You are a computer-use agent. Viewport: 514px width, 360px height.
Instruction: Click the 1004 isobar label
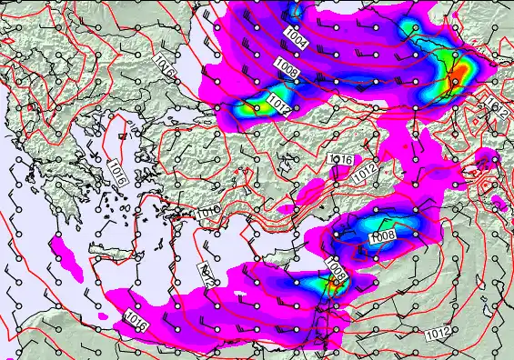pyautogui.click(x=296, y=37)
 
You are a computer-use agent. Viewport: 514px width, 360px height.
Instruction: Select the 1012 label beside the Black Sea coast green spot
pyautogui.click(x=278, y=107)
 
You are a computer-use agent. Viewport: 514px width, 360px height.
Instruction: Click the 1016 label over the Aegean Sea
pyautogui.click(x=116, y=173)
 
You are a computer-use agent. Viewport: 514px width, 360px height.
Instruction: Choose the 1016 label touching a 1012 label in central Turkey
pyautogui.click(x=340, y=160)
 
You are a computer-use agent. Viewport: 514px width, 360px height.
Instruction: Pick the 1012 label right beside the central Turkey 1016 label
pyautogui.click(x=365, y=172)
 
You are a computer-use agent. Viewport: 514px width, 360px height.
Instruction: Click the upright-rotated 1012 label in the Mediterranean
pyautogui.click(x=206, y=275)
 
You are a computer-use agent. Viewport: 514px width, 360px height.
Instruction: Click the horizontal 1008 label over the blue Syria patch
pyautogui.click(x=382, y=237)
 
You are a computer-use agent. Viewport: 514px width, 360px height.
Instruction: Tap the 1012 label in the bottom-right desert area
pyautogui.click(x=437, y=333)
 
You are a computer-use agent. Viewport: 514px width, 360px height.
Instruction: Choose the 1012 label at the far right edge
pyautogui.click(x=497, y=108)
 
